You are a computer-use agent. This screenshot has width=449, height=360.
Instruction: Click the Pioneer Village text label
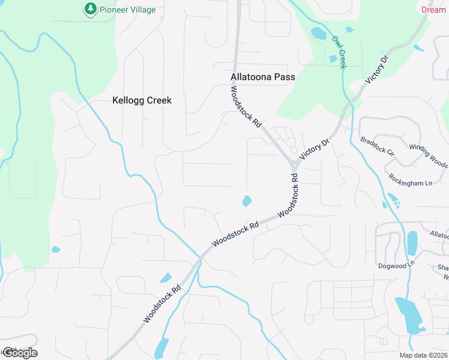pyautogui.click(x=127, y=10)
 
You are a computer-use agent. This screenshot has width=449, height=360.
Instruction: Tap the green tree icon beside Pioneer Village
pyautogui.click(x=90, y=9)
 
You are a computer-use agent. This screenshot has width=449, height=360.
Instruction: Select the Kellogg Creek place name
pyautogui.click(x=142, y=100)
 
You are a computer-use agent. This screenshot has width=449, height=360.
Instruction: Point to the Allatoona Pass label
pyautogui.click(x=263, y=77)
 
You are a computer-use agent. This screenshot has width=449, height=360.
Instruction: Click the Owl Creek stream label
pyautogui.click(x=339, y=52)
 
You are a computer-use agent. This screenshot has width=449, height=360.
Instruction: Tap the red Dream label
pyautogui.click(x=433, y=10)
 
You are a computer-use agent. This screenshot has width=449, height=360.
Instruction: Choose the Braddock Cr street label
pyautogui.click(x=377, y=147)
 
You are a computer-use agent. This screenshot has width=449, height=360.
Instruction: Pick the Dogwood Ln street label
pyautogui.click(x=397, y=265)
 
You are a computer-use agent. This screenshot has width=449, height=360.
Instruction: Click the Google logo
pyautogui.click(x=19, y=352)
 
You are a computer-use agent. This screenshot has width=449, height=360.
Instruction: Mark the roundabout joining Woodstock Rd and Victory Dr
pyautogui.click(x=295, y=165)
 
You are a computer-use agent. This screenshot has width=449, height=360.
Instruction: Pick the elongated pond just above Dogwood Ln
pyautogui.click(x=412, y=243)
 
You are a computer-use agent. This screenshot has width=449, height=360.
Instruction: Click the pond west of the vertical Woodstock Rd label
pyautogui.click(x=247, y=201)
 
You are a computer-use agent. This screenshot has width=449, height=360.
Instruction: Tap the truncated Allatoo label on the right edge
pyautogui.click(x=439, y=235)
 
